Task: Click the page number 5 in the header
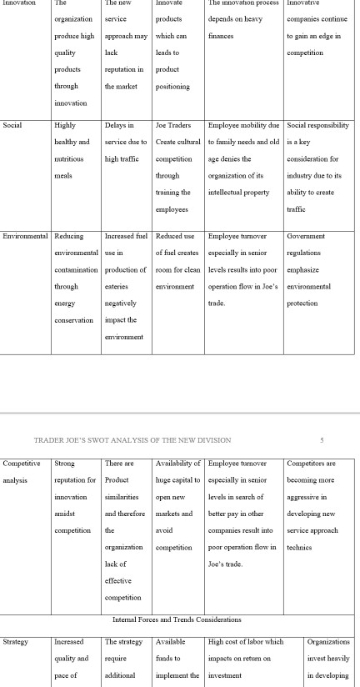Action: [322, 439]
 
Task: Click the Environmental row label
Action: [26, 236]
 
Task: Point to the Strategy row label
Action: [16, 642]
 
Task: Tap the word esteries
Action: [120, 286]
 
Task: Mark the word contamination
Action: [77, 269]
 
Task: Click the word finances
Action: [221, 37]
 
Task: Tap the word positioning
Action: [172, 87]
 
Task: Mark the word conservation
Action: [74, 320]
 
